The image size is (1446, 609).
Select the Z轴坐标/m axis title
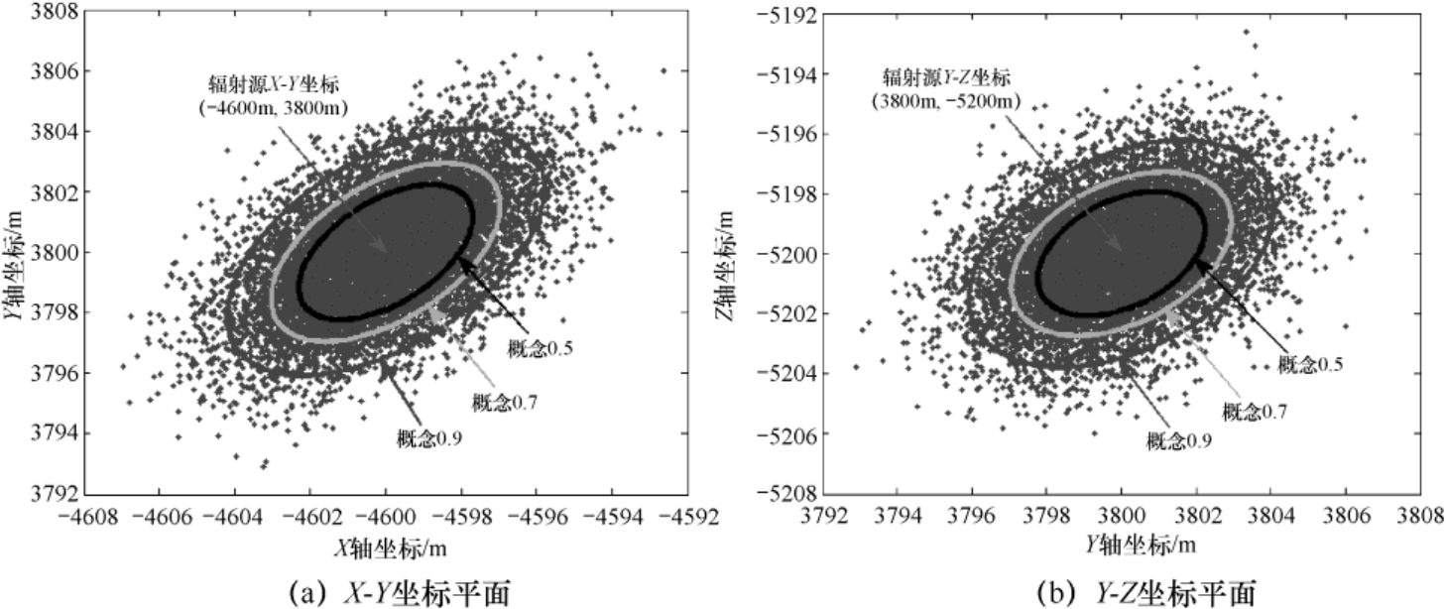pos(728,254)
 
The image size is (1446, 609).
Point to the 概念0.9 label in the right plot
pos(1178,440)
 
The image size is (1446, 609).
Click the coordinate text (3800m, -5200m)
pos(957,101)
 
